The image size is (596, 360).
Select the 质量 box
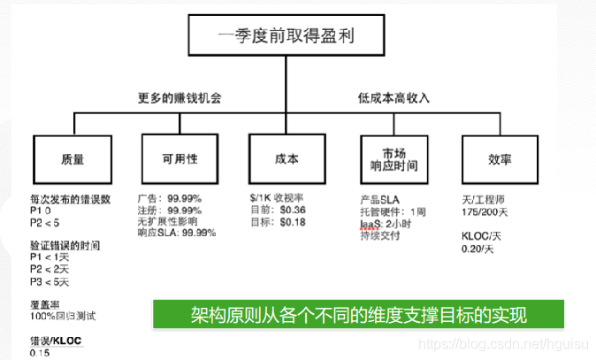point(73,158)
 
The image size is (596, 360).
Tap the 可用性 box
point(180,158)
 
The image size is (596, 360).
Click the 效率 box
point(500,158)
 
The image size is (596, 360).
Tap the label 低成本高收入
point(394,98)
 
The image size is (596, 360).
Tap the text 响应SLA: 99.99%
point(180,234)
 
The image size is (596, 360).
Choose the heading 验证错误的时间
point(65,243)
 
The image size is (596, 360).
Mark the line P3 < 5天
point(49,280)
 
